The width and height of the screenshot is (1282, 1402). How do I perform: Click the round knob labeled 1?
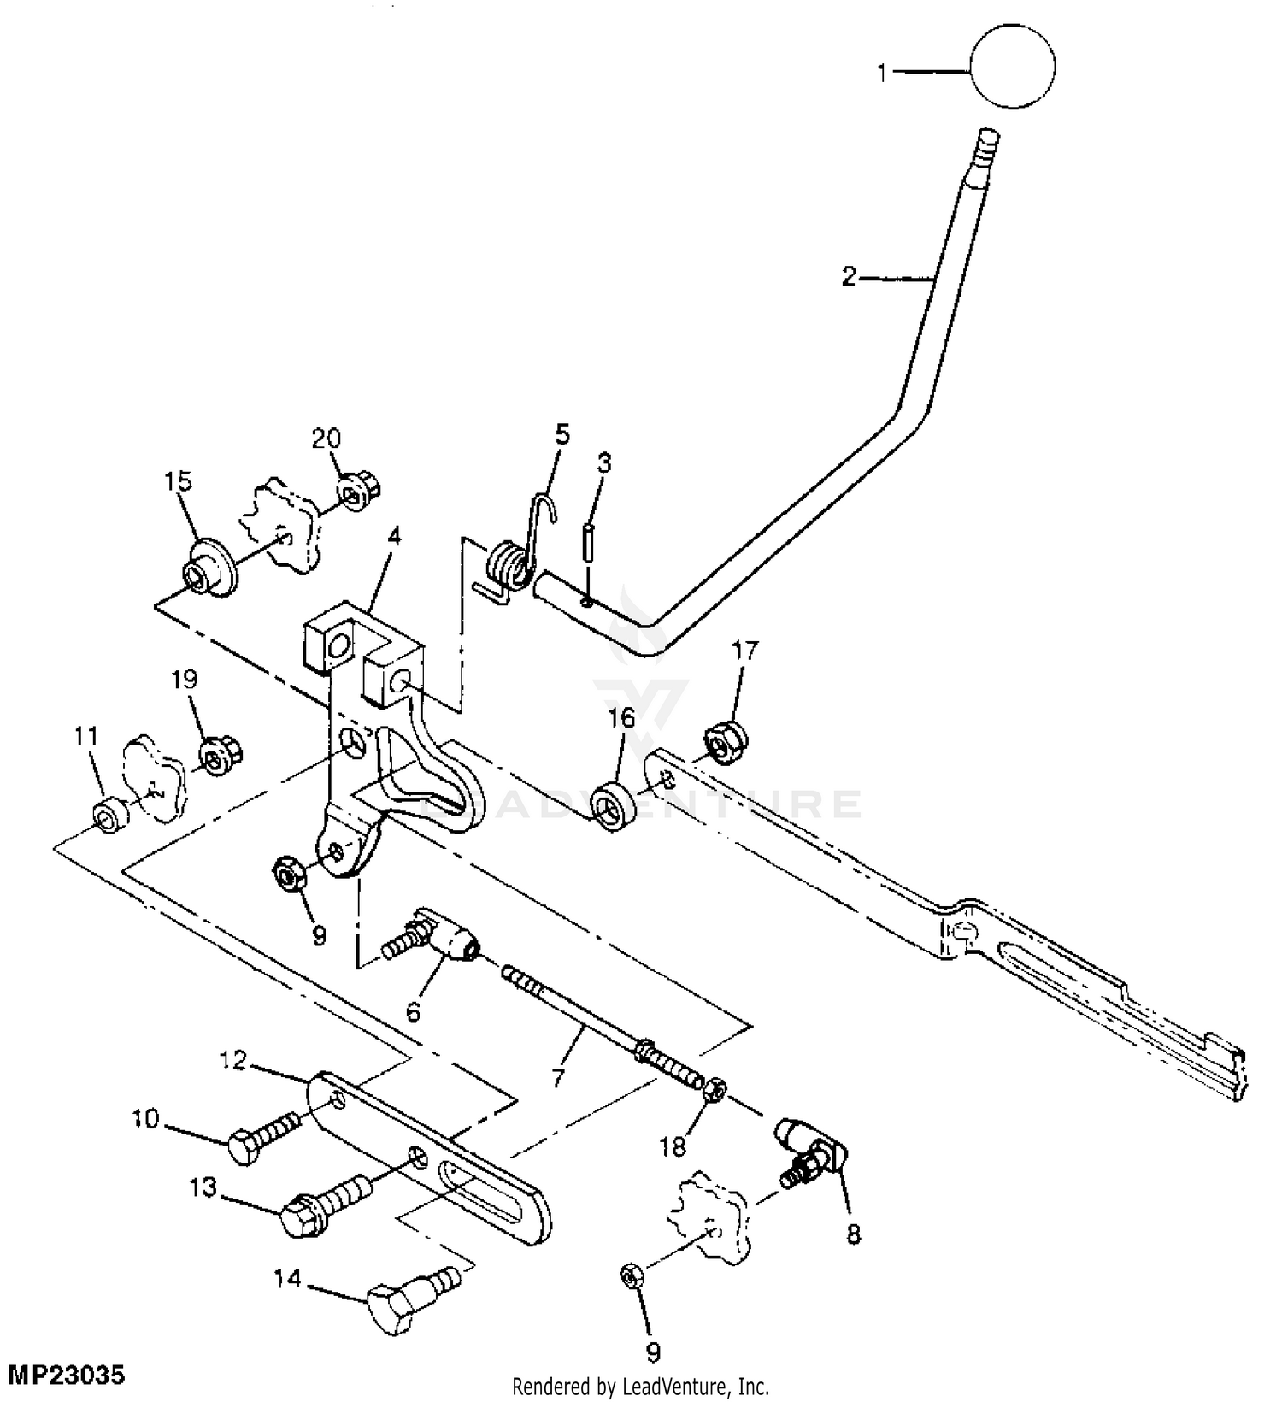click(1012, 66)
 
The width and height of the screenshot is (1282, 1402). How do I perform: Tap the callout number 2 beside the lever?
click(848, 277)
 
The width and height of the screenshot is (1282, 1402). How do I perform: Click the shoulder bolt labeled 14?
click(415, 1289)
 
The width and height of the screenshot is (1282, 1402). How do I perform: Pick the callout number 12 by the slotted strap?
click(232, 1061)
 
